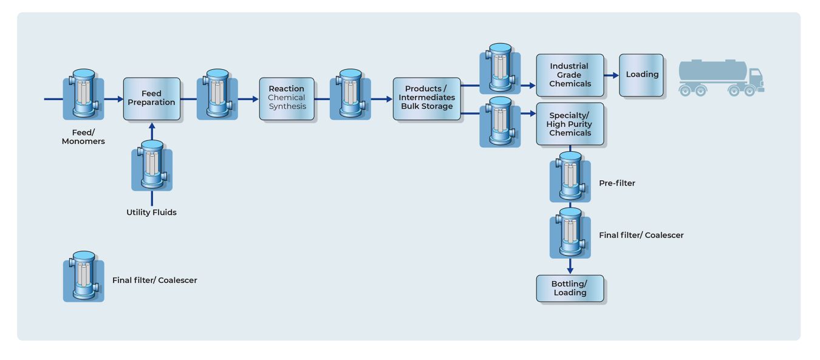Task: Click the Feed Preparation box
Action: pyautogui.click(x=151, y=98)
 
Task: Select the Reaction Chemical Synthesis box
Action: pyautogui.click(x=287, y=98)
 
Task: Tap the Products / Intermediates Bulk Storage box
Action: pyautogui.click(x=426, y=98)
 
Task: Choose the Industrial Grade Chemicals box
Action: pyautogui.click(x=570, y=75)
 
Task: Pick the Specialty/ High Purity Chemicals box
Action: pyautogui.click(x=570, y=124)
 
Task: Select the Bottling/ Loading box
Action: pyautogui.click(x=570, y=288)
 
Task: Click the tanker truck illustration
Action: pyautogui.click(x=720, y=78)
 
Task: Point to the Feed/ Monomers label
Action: pyautogui.click(x=84, y=137)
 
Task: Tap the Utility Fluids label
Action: pyautogui.click(x=151, y=212)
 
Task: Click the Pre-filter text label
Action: pyautogui.click(x=617, y=183)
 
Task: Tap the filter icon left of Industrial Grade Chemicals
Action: pyautogui.click(x=500, y=69)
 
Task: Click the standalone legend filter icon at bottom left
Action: pyautogui.click(x=84, y=276)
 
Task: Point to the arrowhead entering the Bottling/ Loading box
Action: pyautogui.click(x=570, y=270)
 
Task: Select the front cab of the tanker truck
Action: pyautogui.click(x=755, y=80)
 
